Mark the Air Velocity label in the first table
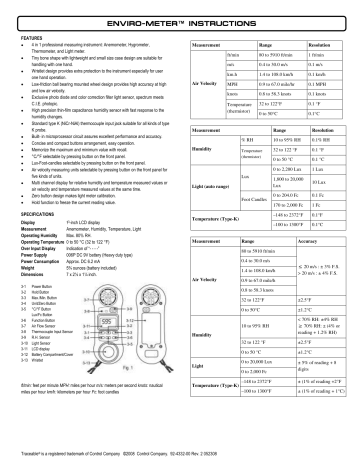coord(189,98)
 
